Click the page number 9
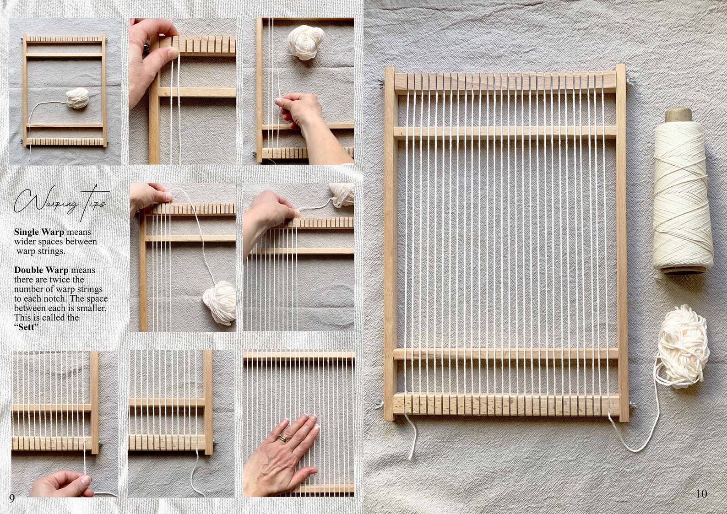click(x=12, y=498)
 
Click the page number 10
click(x=701, y=493)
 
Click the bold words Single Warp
click(x=39, y=232)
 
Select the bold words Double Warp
click(x=41, y=270)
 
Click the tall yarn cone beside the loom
click(x=682, y=197)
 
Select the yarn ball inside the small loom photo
click(x=77, y=98)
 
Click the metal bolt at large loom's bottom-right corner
click(x=632, y=405)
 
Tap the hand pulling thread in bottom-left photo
click(x=62, y=484)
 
